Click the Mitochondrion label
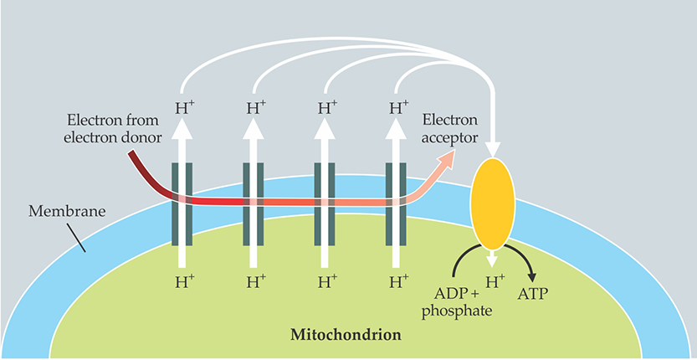pos(345,336)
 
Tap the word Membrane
pos(68,211)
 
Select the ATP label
pos(540,294)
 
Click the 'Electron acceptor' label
pos(451,129)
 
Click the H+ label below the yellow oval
pos(496,282)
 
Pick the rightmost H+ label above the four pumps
pos(399,108)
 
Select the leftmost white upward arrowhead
pos(182,128)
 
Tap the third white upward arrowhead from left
pos(326,128)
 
